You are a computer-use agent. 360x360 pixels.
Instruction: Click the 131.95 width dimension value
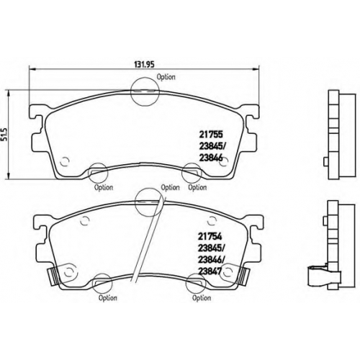[x=144, y=64]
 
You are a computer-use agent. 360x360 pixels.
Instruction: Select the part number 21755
[x=211, y=135]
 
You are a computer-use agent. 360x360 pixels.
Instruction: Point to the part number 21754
[x=210, y=236]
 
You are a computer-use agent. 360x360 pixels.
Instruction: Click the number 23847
[x=210, y=271]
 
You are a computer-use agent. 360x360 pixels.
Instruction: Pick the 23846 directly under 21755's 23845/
[x=211, y=158]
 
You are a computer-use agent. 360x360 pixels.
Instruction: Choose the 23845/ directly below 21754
[x=210, y=248]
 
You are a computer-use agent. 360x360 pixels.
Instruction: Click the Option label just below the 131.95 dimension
[x=166, y=77]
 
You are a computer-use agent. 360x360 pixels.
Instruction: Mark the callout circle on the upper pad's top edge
[x=145, y=91]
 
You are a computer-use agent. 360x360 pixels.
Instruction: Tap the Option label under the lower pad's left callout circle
[x=108, y=298]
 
